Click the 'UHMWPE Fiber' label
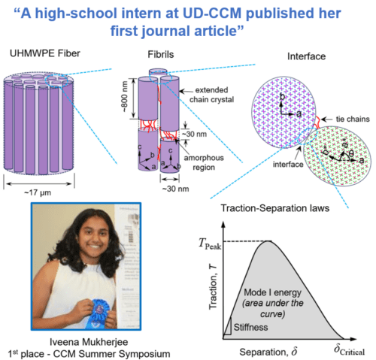[45, 53]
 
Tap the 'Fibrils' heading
[161, 54]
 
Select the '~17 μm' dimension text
[38, 192]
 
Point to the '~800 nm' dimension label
[125, 97]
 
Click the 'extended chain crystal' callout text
[211, 95]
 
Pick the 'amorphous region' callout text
[204, 162]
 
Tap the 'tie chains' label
[353, 119]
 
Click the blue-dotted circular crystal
[284, 112]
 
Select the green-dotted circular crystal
[337, 156]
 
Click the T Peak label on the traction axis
[210, 244]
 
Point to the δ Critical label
[349, 350]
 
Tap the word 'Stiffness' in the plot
[250, 327]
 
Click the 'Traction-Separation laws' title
[275, 208]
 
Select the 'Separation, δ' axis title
[268, 352]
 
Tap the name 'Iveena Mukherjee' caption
[89, 342]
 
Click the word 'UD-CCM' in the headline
[212, 14]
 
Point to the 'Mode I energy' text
[273, 292]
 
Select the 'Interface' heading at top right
[306, 56]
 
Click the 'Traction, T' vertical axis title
[214, 286]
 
